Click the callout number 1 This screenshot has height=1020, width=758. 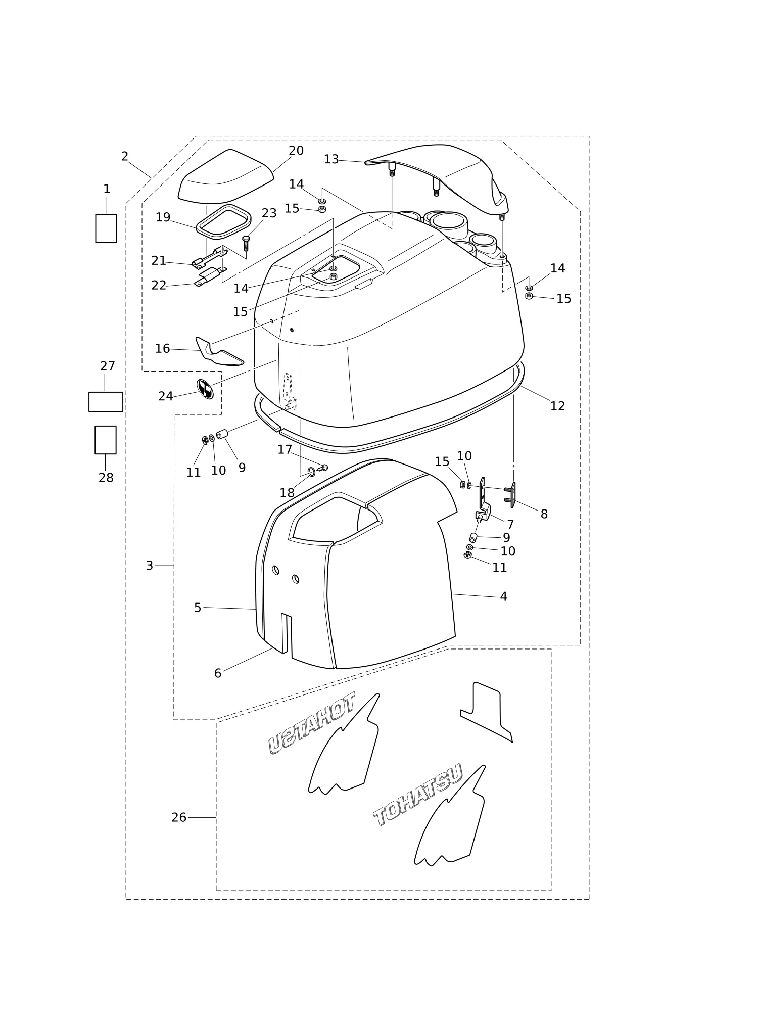point(107,189)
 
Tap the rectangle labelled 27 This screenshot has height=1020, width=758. point(106,402)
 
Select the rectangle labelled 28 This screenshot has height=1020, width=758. point(106,440)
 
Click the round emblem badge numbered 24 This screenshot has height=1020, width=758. point(205,389)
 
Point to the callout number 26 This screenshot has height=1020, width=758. point(179,817)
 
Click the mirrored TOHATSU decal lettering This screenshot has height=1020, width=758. point(311,723)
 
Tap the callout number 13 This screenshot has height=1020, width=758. point(331,159)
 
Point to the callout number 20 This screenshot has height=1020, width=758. point(296,151)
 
